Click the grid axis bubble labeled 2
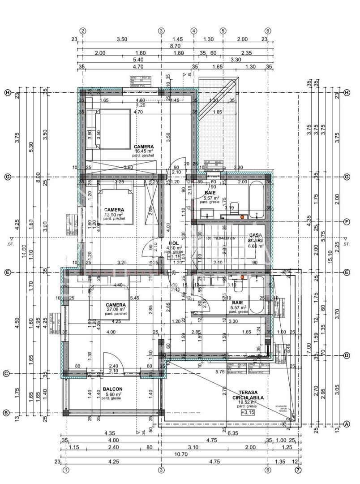[x=83, y=31]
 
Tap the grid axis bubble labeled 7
[x=298, y=470]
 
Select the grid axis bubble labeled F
[x=347, y=221]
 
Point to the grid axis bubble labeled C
[x=6, y=373]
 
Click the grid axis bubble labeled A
[x=347, y=424]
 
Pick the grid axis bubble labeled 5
[x=223, y=31]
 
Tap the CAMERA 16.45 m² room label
[x=144, y=149]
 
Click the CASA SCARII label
[x=255, y=240]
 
